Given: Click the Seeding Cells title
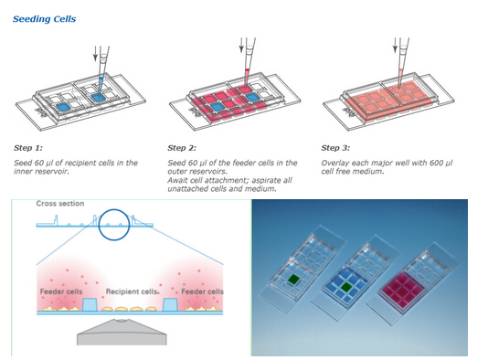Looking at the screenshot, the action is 44,19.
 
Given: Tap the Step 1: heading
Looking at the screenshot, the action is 28,148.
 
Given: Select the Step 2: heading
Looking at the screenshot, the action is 182,148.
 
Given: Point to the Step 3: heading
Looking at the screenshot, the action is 335,148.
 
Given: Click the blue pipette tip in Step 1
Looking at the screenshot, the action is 101,85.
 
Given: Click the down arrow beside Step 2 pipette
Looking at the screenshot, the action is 241,45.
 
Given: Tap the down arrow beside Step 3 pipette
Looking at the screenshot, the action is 395,45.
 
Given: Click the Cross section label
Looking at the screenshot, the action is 60,204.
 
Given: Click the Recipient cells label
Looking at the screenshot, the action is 132,291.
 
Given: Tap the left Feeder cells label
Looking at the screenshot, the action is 61,291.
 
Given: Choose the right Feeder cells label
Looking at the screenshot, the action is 202,291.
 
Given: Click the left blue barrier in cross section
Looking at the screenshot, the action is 90,304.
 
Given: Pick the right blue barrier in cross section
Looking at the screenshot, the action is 170,304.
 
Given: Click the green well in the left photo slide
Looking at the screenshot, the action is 292,279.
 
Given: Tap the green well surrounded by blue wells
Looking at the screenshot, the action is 345,286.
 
